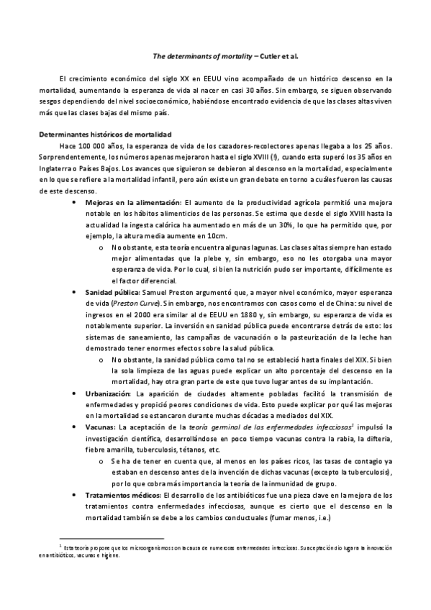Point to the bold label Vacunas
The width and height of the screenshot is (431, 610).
pyautogui.click(x=100, y=428)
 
